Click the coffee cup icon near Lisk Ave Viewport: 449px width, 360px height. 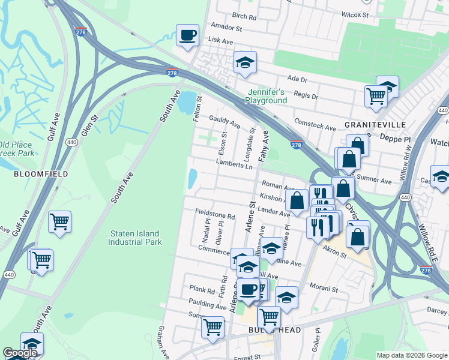tap(187, 35)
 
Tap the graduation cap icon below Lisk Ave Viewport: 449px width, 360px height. tap(244, 63)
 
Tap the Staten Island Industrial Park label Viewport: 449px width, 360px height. tap(135, 238)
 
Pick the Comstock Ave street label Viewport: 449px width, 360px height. tap(315, 128)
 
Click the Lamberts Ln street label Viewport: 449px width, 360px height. tap(234, 166)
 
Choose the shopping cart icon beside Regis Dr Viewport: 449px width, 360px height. tap(376, 95)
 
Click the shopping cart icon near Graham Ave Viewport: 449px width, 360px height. tap(212, 328)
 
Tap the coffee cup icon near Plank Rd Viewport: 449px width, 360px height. tap(248, 290)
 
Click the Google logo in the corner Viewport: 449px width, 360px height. tap(20, 353)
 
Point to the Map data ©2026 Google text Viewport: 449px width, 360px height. tap(411, 355)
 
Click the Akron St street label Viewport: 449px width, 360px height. tap(335, 254)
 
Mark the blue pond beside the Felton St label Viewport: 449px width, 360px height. tap(187, 103)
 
